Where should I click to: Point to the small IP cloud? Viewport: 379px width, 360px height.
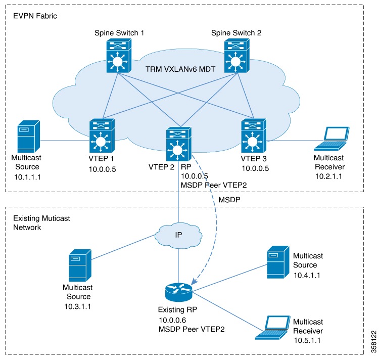[178, 235]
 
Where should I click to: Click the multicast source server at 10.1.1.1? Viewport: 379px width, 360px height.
[28, 138]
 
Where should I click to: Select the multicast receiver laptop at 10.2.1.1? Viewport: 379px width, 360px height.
[331, 140]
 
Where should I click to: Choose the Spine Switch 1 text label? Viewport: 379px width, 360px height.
[119, 32]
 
